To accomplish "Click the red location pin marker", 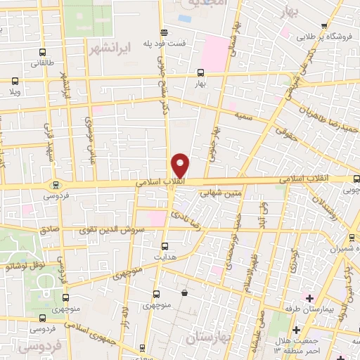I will click(181, 165).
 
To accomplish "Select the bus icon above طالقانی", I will click(44, 53).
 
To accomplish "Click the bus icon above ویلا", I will click(15, 81).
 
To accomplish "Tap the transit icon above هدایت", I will click(165, 247).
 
